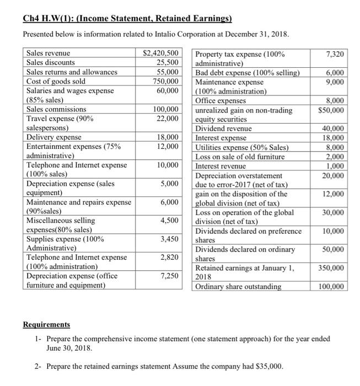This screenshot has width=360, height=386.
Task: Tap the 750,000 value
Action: (165, 81)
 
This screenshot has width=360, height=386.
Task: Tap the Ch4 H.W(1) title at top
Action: (127, 19)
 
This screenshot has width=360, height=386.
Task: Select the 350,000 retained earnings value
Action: (333, 268)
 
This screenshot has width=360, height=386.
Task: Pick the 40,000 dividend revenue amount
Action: (335, 128)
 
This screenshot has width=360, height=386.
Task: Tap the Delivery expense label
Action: (54, 137)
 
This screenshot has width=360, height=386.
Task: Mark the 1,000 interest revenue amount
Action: (337, 166)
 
